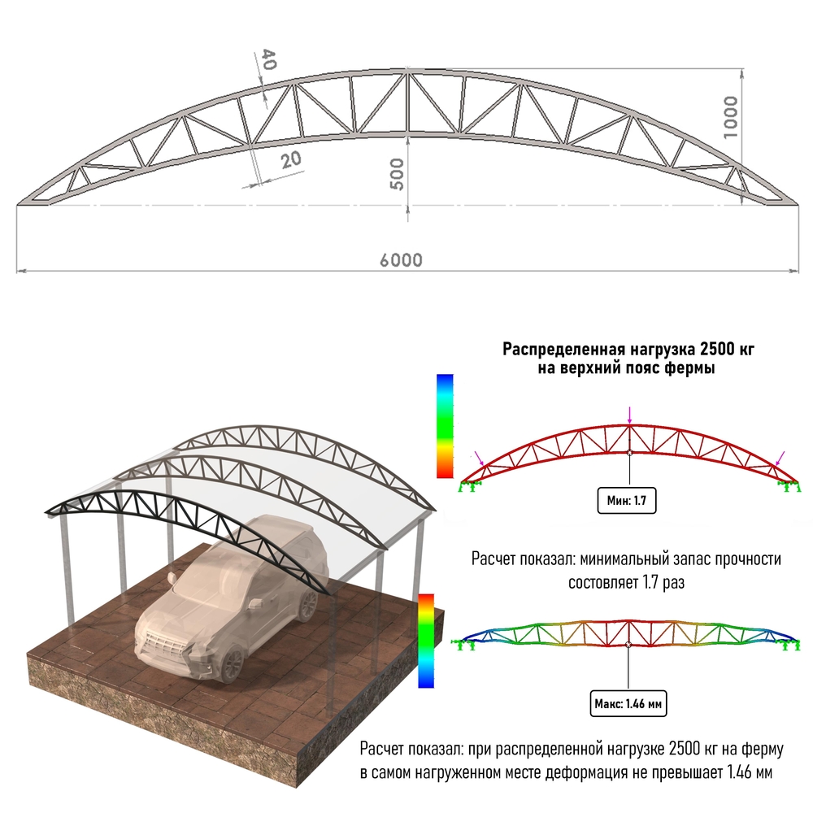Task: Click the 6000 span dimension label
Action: pos(401,260)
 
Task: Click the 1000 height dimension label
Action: pos(730,117)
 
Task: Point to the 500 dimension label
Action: pos(397,174)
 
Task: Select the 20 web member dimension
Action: pos(291,159)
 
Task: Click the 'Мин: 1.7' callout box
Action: pos(626,500)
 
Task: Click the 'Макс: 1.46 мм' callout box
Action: pos(628,703)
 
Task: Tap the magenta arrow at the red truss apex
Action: pos(629,415)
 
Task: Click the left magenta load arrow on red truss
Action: pos(479,459)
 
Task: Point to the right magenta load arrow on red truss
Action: pos(780,459)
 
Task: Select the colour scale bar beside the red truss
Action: pos(445,426)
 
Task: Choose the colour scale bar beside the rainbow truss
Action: pos(426,641)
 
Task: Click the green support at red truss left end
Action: pos(470,486)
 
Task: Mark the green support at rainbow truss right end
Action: pos(789,645)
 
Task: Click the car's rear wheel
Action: pos(308,605)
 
